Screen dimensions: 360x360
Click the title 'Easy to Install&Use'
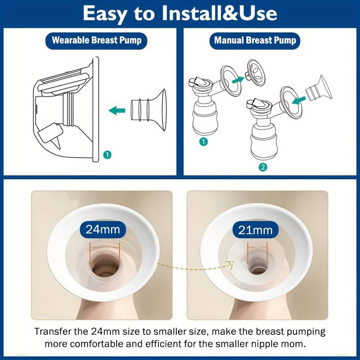180,13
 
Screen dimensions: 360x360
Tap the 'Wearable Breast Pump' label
96,40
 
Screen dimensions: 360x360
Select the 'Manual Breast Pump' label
255,40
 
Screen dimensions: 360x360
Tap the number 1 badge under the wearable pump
107,154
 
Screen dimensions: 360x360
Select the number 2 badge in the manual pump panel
263,167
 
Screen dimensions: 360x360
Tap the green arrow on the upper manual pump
238,81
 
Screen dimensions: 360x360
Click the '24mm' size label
103,229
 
